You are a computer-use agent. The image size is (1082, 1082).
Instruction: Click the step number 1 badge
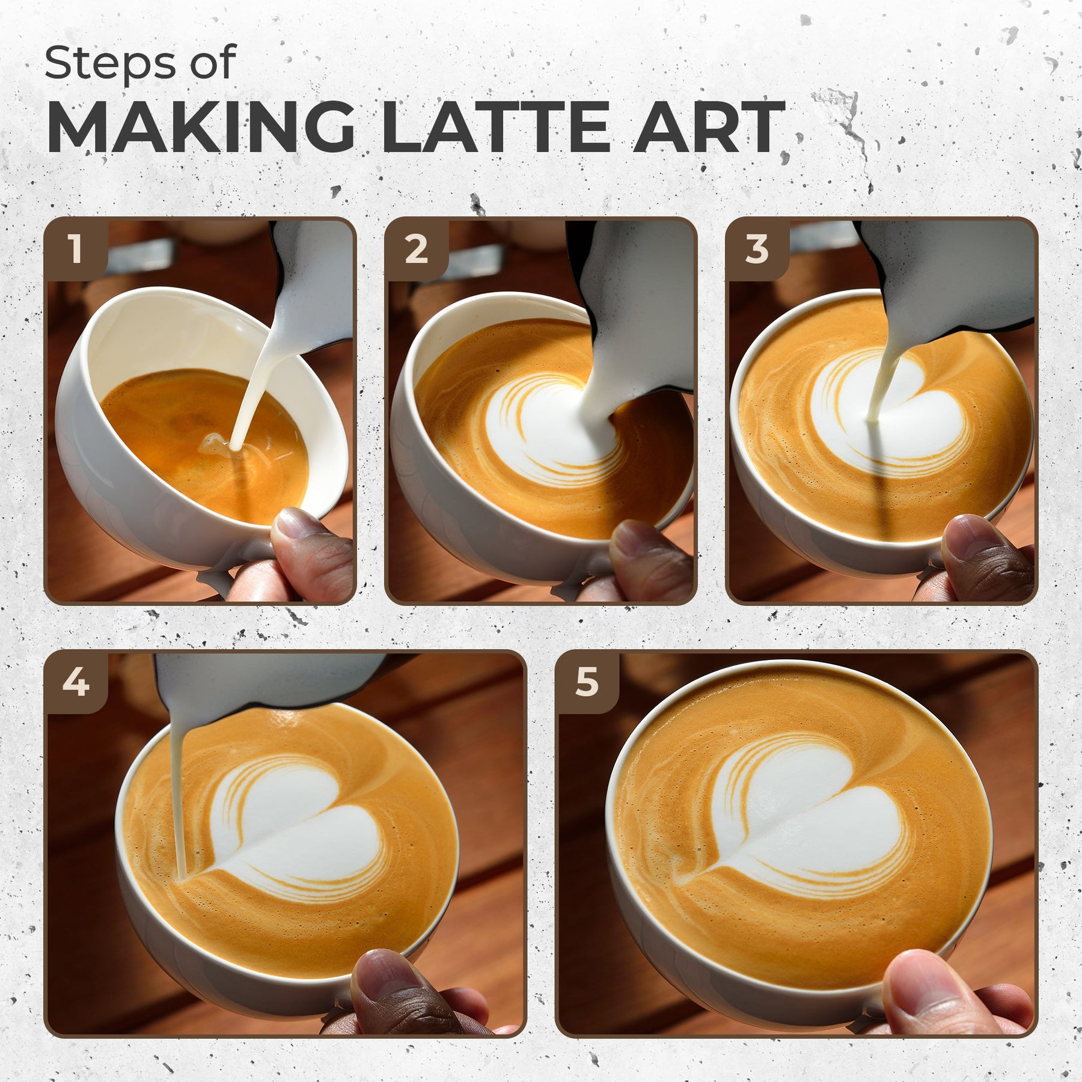76,249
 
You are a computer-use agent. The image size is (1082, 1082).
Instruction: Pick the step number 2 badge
417,249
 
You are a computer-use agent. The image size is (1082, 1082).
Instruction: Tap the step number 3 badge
757,249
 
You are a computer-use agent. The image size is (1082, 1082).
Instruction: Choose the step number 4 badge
76,683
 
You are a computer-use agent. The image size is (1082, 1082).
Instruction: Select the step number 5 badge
587,683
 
